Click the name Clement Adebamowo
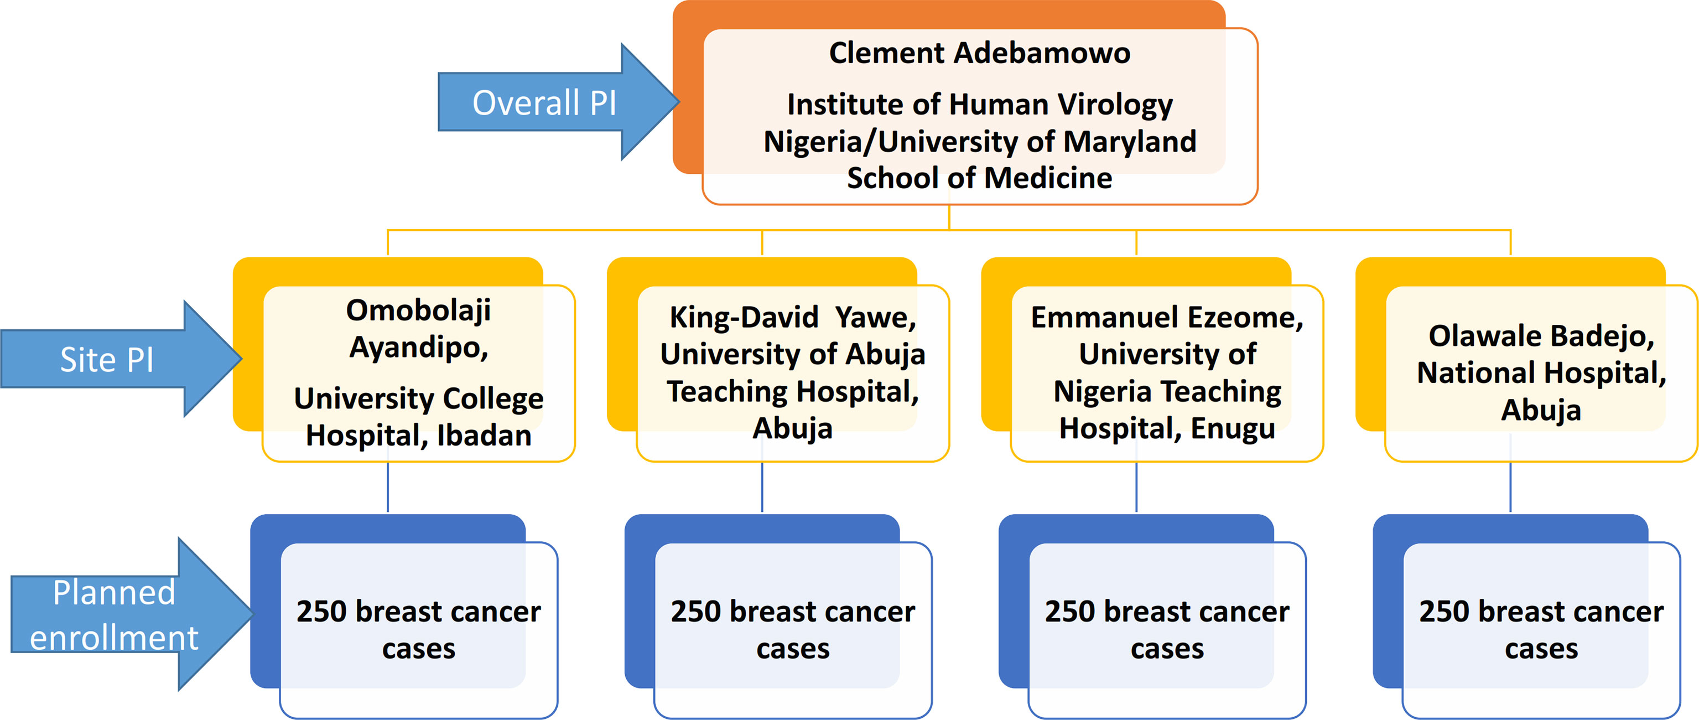tap(979, 53)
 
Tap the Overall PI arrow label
tap(545, 103)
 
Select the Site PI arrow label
tap(107, 360)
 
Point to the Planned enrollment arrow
tap(132, 614)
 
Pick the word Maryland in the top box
tap(1130, 141)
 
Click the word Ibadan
tap(484, 436)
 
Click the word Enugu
tap(1233, 429)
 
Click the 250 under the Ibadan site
tap(321, 612)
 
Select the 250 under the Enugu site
tap(1070, 612)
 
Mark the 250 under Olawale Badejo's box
tap(1445, 612)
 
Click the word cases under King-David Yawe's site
tap(793, 649)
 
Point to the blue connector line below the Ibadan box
tap(388, 487)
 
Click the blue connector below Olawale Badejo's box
tap(1510, 487)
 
